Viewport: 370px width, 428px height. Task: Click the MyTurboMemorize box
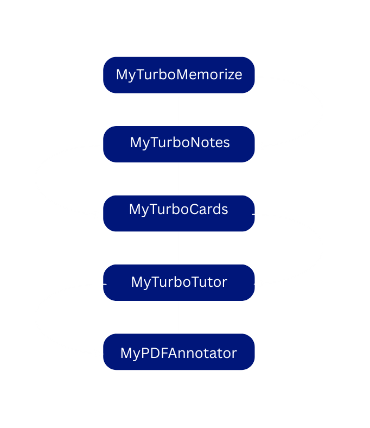(x=179, y=75)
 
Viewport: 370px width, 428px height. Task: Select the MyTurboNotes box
(x=179, y=144)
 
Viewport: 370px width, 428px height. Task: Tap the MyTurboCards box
(x=179, y=213)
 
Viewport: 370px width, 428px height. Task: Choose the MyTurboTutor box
(x=179, y=282)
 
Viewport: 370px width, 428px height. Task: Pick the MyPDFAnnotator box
(x=179, y=352)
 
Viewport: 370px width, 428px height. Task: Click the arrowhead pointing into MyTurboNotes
(x=259, y=146)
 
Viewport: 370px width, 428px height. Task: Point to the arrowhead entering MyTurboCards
(x=99, y=215)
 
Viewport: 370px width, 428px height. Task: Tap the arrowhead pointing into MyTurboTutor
(x=259, y=284)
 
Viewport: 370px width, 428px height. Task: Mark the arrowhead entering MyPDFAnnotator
(x=99, y=354)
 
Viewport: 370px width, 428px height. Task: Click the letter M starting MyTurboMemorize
(x=122, y=75)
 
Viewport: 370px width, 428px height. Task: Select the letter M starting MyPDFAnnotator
(x=126, y=353)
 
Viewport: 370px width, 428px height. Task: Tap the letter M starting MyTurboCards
(x=135, y=210)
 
